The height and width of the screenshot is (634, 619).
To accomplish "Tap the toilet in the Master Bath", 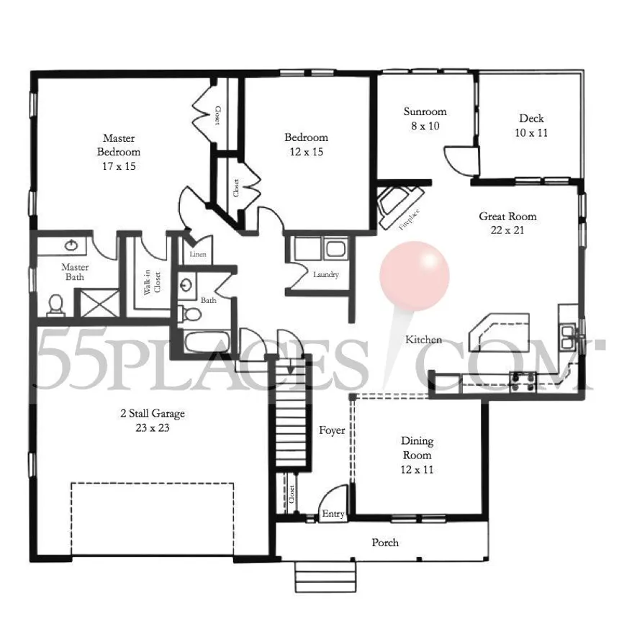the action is [56, 305].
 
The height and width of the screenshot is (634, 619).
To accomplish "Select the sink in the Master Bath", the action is [71, 245].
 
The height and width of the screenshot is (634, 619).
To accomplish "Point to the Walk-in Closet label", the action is [152, 282].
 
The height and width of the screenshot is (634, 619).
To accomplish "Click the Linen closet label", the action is [198, 254].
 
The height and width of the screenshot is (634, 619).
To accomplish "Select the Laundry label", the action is [326, 275].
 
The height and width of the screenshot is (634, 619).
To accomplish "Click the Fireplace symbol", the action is [400, 207].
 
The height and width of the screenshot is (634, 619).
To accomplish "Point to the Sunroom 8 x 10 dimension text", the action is [425, 126].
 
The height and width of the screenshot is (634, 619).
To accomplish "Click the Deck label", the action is [531, 119].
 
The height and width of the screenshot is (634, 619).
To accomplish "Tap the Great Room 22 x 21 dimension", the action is [507, 230].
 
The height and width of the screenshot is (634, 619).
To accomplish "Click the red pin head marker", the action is [415, 276].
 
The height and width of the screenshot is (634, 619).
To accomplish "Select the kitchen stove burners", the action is [523, 382].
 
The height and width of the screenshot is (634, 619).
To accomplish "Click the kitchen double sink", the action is [568, 336].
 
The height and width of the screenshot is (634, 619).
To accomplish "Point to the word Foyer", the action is [332, 430].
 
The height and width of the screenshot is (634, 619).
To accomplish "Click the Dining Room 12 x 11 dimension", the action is [417, 469].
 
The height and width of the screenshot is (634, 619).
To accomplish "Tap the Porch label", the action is [385, 542].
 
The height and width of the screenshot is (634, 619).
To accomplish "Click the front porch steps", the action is [325, 577].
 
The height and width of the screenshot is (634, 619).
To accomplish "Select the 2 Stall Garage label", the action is [153, 413].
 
